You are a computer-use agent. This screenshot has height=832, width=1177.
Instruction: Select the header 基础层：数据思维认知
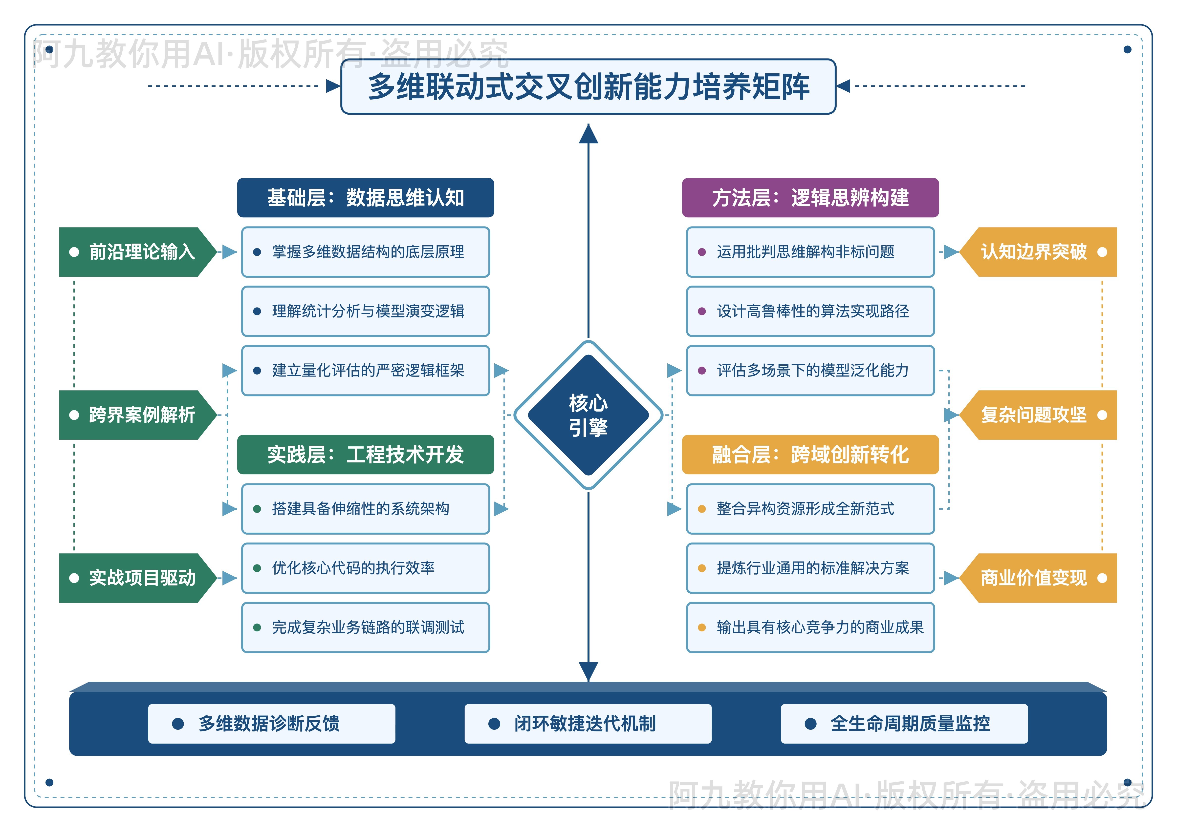(x=366, y=198)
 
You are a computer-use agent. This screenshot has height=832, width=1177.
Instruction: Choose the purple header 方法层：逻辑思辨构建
(x=810, y=198)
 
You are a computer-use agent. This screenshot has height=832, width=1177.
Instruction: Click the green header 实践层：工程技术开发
(x=366, y=455)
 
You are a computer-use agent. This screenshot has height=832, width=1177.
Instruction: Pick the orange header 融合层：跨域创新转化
(x=810, y=455)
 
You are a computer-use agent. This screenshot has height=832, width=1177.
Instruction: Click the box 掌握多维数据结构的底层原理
(x=366, y=252)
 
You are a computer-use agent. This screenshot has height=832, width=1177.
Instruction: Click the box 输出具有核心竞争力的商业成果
(x=810, y=628)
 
